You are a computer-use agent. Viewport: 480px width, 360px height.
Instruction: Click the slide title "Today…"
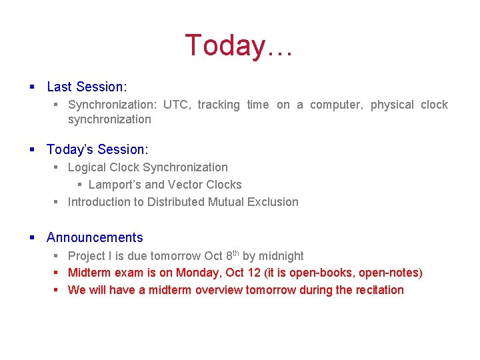pyautogui.click(x=239, y=46)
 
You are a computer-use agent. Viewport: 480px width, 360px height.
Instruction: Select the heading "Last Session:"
pyautogui.click(x=86, y=87)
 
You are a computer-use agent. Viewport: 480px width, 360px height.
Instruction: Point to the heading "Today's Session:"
pyautogui.click(x=97, y=149)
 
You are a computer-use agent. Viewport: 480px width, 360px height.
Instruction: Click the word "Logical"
pyautogui.click(x=87, y=167)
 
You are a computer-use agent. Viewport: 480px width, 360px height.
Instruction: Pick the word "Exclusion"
pyautogui.click(x=273, y=202)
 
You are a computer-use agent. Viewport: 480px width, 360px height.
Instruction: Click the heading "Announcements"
pyautogui.click(x=95, y=237)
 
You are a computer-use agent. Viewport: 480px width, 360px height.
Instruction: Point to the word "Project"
pyautogui.click(x=87, y=256)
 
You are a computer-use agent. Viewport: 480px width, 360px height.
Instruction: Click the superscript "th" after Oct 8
pyautogui.click(x=236, y=253)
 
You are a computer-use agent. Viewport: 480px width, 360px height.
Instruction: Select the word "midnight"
pyautogui.click(x=281, y=256)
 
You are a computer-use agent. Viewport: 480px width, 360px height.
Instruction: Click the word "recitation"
pyautogui.click(x=378, y=290)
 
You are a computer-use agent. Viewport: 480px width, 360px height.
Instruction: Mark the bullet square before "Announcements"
pyautogui.click(x=33, y=237)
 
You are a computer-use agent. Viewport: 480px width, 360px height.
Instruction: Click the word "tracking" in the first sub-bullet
pyautogui.click(x=219, y=105)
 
